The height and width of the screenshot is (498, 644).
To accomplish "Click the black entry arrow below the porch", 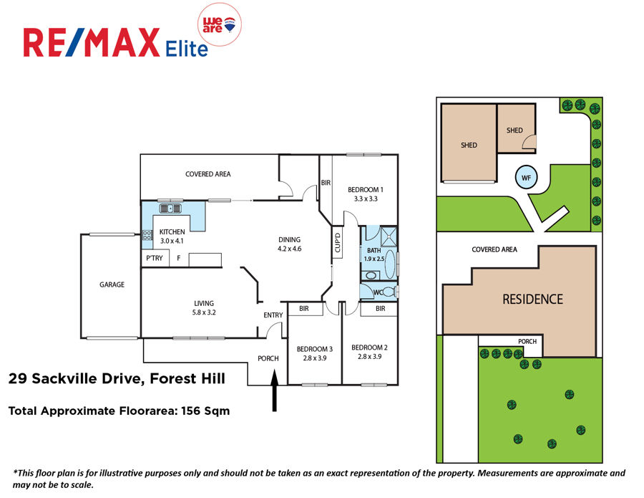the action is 274,390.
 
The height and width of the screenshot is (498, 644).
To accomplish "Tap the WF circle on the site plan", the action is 526,178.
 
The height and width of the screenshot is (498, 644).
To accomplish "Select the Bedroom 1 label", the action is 366,190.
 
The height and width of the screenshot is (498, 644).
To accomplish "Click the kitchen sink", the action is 170,209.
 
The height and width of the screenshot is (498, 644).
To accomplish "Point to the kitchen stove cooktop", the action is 147,235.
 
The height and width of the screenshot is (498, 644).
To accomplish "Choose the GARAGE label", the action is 112,284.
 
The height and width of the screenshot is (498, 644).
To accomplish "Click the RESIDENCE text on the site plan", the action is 532,299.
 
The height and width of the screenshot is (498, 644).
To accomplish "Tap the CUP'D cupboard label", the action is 338,243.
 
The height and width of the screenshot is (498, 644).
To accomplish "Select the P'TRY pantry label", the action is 155,258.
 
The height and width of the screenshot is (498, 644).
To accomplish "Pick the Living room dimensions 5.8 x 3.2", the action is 204,312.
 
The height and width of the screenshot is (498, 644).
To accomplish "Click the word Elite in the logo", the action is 187,49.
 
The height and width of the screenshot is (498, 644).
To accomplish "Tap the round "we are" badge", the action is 220,24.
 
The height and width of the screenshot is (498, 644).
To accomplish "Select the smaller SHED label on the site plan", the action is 514,130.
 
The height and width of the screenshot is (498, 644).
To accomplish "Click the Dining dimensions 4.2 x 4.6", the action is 290,249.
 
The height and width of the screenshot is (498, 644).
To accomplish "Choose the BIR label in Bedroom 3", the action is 304,308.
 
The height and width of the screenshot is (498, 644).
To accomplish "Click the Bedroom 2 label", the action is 370,348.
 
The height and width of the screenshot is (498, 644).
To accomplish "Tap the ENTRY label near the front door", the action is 273,315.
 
